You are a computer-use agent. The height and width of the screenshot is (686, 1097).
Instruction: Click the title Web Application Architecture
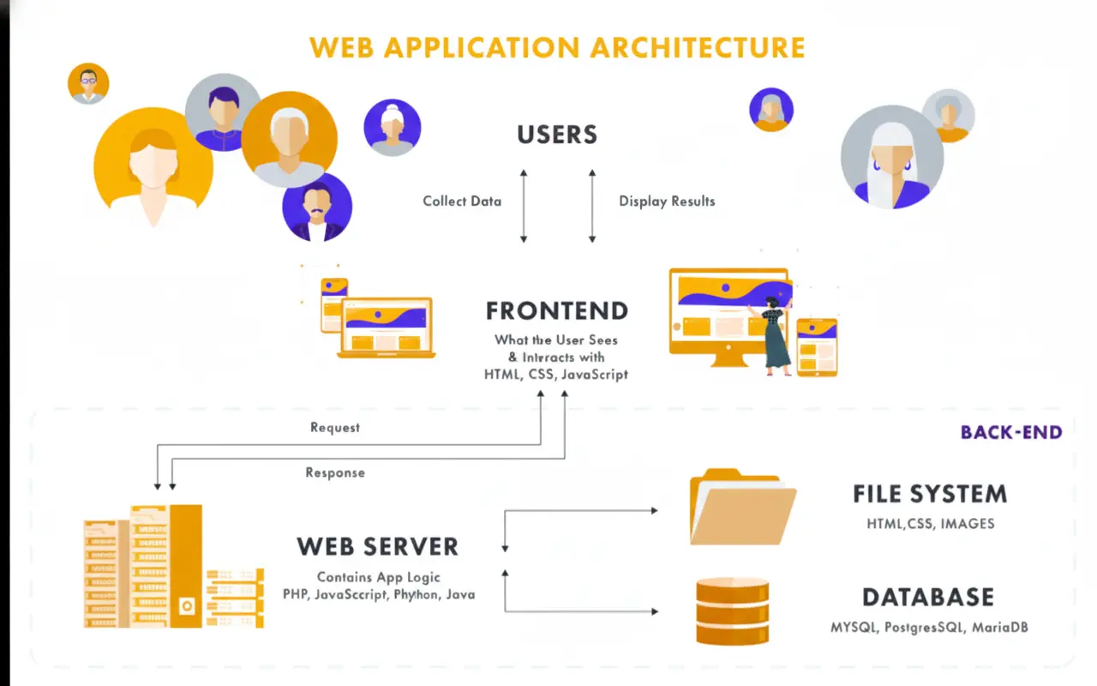point(557,46)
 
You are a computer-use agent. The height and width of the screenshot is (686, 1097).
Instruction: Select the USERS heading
point(557,135)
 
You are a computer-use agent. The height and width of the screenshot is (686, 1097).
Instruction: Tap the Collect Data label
point(462,202)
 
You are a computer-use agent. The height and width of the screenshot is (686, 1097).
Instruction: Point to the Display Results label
point(667,202)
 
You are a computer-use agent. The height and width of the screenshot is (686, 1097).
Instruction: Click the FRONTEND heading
point(557,310)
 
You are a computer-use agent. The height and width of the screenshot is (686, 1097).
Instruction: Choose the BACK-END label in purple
point(1011,432)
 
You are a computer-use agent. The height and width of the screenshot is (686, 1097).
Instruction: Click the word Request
point(335,427)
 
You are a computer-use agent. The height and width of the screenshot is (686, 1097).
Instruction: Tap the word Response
point(335,472)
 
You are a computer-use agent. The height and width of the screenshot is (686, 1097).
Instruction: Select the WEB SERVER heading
point(378,546)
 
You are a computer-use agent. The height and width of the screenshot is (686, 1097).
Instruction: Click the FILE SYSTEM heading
point(930,494)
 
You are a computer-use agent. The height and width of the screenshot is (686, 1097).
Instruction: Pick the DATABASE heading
point(928,598)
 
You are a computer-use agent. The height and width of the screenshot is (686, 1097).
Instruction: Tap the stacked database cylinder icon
point(732,611)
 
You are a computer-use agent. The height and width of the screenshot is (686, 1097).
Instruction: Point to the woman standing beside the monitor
point(776,334)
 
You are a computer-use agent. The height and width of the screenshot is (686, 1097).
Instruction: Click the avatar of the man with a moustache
point(317,208)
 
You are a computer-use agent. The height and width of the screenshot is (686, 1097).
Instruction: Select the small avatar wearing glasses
point(88,83)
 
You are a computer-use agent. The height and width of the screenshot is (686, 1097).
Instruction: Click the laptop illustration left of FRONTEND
point(387,328)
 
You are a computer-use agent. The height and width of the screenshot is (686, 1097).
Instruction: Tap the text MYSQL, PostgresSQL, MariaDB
point(929,628)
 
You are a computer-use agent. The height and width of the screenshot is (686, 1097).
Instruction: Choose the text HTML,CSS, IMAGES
point(930,523)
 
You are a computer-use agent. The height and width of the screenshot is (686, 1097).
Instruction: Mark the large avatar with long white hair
point(891,158)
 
